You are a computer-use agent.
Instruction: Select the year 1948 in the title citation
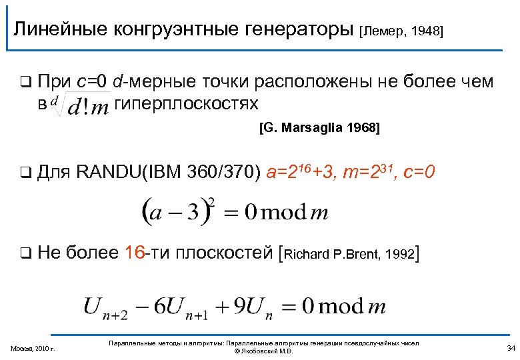[427, 31]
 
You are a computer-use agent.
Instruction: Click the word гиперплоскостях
[187, 104]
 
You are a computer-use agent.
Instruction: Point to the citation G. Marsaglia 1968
[319, 129]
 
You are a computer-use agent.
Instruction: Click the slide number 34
[511, 347]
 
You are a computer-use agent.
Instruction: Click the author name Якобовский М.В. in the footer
[264, 351]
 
